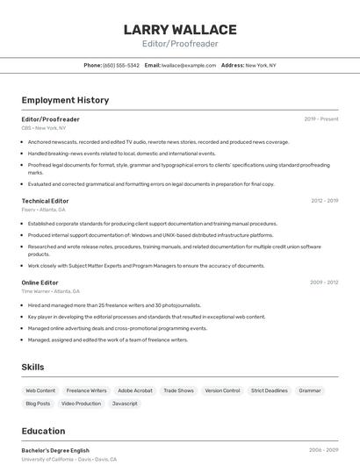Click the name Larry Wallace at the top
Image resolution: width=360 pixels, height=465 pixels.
coord(180,30)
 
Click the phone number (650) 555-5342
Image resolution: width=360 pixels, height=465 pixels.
coord(121,65)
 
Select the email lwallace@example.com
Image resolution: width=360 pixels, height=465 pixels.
coord(190,65)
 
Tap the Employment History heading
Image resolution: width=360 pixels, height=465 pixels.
coord(65,100)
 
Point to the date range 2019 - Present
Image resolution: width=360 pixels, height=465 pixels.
coord(321,118)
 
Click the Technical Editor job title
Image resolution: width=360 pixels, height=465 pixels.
coord(47,201)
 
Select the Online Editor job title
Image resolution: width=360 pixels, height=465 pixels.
coord(40,283)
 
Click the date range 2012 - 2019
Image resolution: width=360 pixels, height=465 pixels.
coord(324,201)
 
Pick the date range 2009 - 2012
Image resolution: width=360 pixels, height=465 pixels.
coord(324,283)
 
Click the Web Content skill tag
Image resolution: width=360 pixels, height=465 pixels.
coord(40,390)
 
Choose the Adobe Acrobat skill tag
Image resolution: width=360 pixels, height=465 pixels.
coord(135,390)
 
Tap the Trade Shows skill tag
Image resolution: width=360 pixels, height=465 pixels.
coord(179,390)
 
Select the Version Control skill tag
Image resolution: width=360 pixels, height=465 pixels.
coord(222,390)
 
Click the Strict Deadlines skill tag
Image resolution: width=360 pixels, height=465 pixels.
coord(270,390)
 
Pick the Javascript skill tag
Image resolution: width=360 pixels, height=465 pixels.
coord(125,404)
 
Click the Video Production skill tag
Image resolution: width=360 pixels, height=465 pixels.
coord(82,404)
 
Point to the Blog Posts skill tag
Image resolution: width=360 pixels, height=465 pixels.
coord(38,404)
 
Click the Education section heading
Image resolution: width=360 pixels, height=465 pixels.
coord(43,431)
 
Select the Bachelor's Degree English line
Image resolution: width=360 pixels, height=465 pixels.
coord(55,450)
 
